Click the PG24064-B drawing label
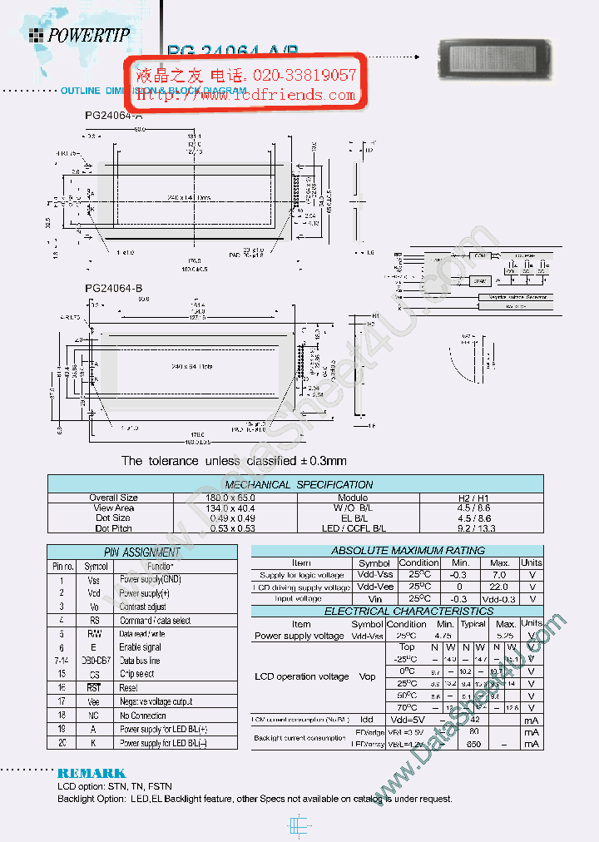click(x=115, y=288)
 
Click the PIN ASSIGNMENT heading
click(x=141, y=552)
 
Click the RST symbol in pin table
click(x=94, y=688)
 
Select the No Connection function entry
click(x=143, y=716)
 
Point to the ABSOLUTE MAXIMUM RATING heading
click(x=396, y=550)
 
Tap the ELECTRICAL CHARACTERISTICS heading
click(x=396, y=611)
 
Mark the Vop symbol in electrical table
click(x=367, y=676)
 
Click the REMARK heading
click(x=92, y=773)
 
